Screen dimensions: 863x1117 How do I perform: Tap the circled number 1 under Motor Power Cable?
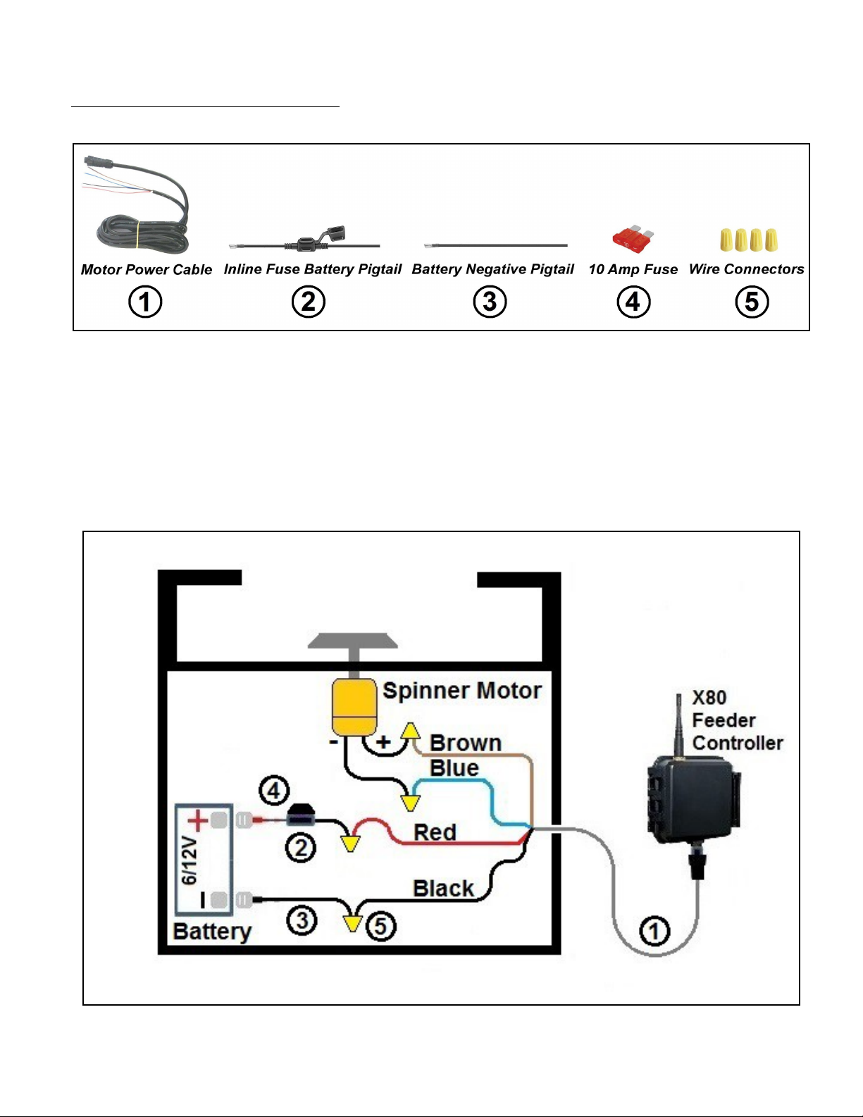pos(145,302)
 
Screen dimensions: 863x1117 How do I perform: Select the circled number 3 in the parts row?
pos(490,302)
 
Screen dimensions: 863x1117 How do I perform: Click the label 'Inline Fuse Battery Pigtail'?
pos(312,269)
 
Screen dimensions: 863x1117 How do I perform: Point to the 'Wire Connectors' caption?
pos(746,269)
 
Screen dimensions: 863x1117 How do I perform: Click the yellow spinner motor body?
pos(354,706)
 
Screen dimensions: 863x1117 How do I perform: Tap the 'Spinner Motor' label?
pos(462,691)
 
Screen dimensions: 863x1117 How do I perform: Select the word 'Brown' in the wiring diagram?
pos(466,743)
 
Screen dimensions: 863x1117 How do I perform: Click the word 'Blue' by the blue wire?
pos(454,768)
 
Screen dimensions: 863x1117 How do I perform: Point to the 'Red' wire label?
pos(435,832)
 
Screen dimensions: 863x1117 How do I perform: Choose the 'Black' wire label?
pos(443,888)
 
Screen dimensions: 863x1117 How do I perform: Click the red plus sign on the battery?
pos(198,820)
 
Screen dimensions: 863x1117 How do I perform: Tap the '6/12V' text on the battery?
pos(189,861)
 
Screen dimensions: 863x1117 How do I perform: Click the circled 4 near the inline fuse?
pos(274,791)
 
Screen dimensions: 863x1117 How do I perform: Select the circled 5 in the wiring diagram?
pos(380,926)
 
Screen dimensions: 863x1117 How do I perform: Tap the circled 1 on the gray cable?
pos(654,931)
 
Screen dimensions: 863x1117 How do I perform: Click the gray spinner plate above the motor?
pos(352,641)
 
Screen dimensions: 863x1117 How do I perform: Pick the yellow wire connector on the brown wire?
pos(410,730)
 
